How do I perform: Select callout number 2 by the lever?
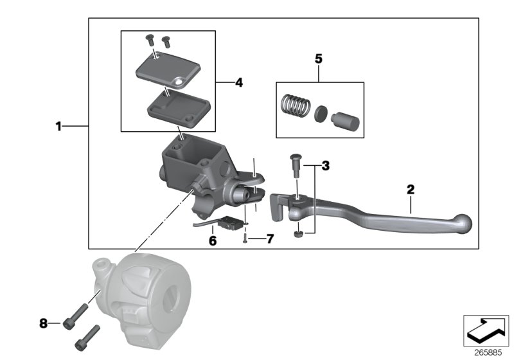[x=410, y=190]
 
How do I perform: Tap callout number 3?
[x=325, y=166]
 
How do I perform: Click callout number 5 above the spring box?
[x=319, y=59]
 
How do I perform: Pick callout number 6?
[x=213, y=241]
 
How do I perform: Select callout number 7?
[x=270, y=239]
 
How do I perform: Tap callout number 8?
[x=44, y=323]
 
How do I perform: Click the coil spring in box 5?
[x=297, y=105]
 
